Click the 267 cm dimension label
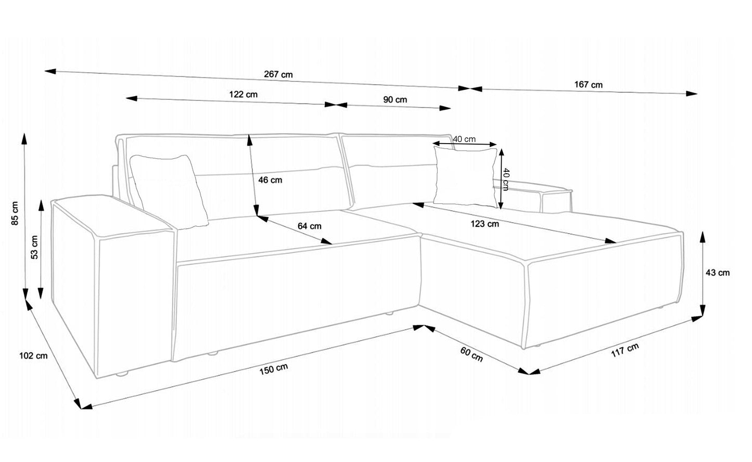[x=278, y=74]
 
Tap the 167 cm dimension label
[x=588, y=85]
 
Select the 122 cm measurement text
[x=243, y=94]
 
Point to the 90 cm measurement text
[x=395, y=100]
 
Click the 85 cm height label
[x=15, y=213]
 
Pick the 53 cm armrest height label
[x=34, y=247]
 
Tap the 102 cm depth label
[x=33, y=355]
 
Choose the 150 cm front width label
[x=273, y=369]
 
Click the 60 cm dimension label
[x=471, y=354]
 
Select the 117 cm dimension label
[x=625, y=350]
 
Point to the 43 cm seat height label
[x=718, y=273]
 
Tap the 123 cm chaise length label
[x=485, y=224]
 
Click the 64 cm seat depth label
[x=309, y=226]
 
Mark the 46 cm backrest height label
[x=270, y=180]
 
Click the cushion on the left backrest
[x=169, y=191]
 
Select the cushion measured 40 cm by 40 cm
[x=465, y=176]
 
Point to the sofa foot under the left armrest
[x=122, y=374]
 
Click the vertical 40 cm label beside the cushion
[x=506, y=179]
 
